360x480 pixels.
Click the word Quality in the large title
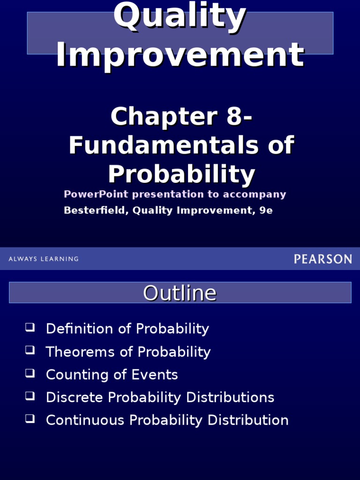(x=180, y=16)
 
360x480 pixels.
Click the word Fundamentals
(x=163, y=145)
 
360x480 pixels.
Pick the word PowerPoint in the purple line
(x=94, y=194)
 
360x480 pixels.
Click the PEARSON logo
(x=322, y=259)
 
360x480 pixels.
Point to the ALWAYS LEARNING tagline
(x=44, y=259)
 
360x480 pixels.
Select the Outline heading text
(x=180, y=293)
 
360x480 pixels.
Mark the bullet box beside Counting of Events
(x=30, y=373)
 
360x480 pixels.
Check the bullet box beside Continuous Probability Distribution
(x=30, y=419)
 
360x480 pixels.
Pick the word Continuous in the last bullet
(x=85, y=420)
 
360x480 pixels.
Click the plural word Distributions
(x=230, y=397)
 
